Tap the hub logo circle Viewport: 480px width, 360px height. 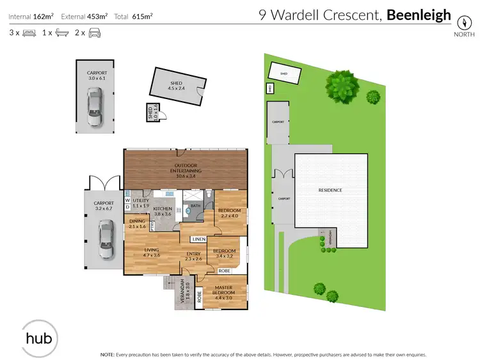coord(37,338)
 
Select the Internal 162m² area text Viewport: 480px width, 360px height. coord(31,15)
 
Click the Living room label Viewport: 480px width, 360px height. coord(151,253)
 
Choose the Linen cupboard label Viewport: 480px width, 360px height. coord(198,239)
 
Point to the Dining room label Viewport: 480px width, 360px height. coord(137,224)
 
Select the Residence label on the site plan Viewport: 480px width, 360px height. coord(330,191)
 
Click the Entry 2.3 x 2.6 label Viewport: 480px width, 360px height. coord(193,256)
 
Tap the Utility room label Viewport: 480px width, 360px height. coord(141,203)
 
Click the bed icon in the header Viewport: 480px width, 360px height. coord(29,32)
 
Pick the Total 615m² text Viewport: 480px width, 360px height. coord(133,15)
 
